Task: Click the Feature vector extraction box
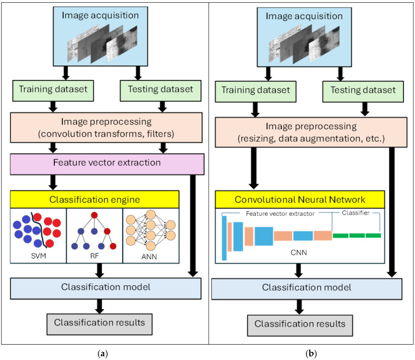107,164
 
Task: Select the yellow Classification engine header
95,199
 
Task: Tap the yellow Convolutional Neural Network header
300,199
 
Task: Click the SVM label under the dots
39,256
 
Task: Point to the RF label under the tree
95,256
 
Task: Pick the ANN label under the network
149,256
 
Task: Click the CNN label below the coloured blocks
299,253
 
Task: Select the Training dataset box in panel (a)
53,91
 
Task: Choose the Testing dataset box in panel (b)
363,92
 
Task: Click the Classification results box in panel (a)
100,324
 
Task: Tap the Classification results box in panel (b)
300,325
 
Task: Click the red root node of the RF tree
94,215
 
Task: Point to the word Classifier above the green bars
355,213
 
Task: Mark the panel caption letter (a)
103,353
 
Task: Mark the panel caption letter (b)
311,353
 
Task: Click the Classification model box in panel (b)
307,289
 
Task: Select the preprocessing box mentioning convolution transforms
106,128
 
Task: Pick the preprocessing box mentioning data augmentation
311,132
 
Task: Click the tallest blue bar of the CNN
224,238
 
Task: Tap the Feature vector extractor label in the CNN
280,214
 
